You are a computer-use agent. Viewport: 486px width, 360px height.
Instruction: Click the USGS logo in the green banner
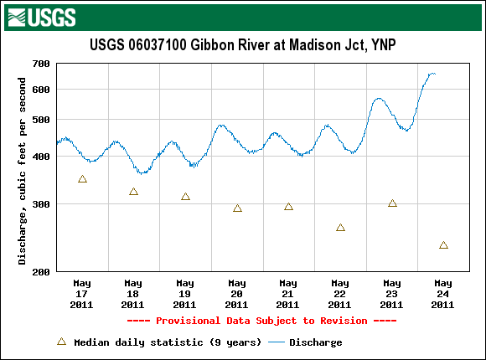pyautogui.click(x=42, y=18)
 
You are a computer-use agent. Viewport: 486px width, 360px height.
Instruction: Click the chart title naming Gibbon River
pyautogui.click(x=243, y=45)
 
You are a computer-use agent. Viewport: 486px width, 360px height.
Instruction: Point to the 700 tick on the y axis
pyautogui.click(x=41, y=64)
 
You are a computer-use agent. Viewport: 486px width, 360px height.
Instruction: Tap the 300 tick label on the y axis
pyautogui.click(x=41, y=204)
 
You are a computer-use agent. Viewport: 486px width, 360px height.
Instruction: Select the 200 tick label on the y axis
pyautogui.click(x=41, y=272)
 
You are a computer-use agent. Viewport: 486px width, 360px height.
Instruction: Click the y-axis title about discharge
pyautogui.click(x=22, y=171)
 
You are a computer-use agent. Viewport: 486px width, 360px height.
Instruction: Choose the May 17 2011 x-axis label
pyautogui.click(x=82, y=294)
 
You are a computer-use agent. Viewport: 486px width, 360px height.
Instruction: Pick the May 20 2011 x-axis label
pyautogui.click(x=237, y=294)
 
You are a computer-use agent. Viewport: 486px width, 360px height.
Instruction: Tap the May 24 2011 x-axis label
pyautogui.click(x=443, y=294)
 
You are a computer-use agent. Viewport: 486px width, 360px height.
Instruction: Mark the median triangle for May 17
pyautogui.click(x=82, y=179)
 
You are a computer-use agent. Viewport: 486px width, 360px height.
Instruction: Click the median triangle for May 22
pyautogui.click(x=340, y=228)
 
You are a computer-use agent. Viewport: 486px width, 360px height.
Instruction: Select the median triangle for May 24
pyautogui.click(x=443, y=245)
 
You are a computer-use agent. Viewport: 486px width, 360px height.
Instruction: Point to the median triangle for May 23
pyautogui.click(x=392, y=203)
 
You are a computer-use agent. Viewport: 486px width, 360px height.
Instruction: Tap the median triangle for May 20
pyautogui.click(x=237, y=208)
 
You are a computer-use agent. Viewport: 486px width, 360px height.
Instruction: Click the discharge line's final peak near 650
pyautogui.click(x=432, y=74)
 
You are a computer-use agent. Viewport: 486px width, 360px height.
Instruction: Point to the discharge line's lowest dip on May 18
pyautogui.click(x=142, y=172)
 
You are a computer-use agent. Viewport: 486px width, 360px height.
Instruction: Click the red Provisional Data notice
pyautogui.click(x=261, y=321)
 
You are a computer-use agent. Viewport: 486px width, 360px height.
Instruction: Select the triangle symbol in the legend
pyautogui.click(x=62, y=342)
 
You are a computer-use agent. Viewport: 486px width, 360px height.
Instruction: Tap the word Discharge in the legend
pyautogui.click(x=316, y=342)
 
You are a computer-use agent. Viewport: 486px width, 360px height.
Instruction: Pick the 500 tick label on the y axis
pyautogui.click(x=41, y=120)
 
